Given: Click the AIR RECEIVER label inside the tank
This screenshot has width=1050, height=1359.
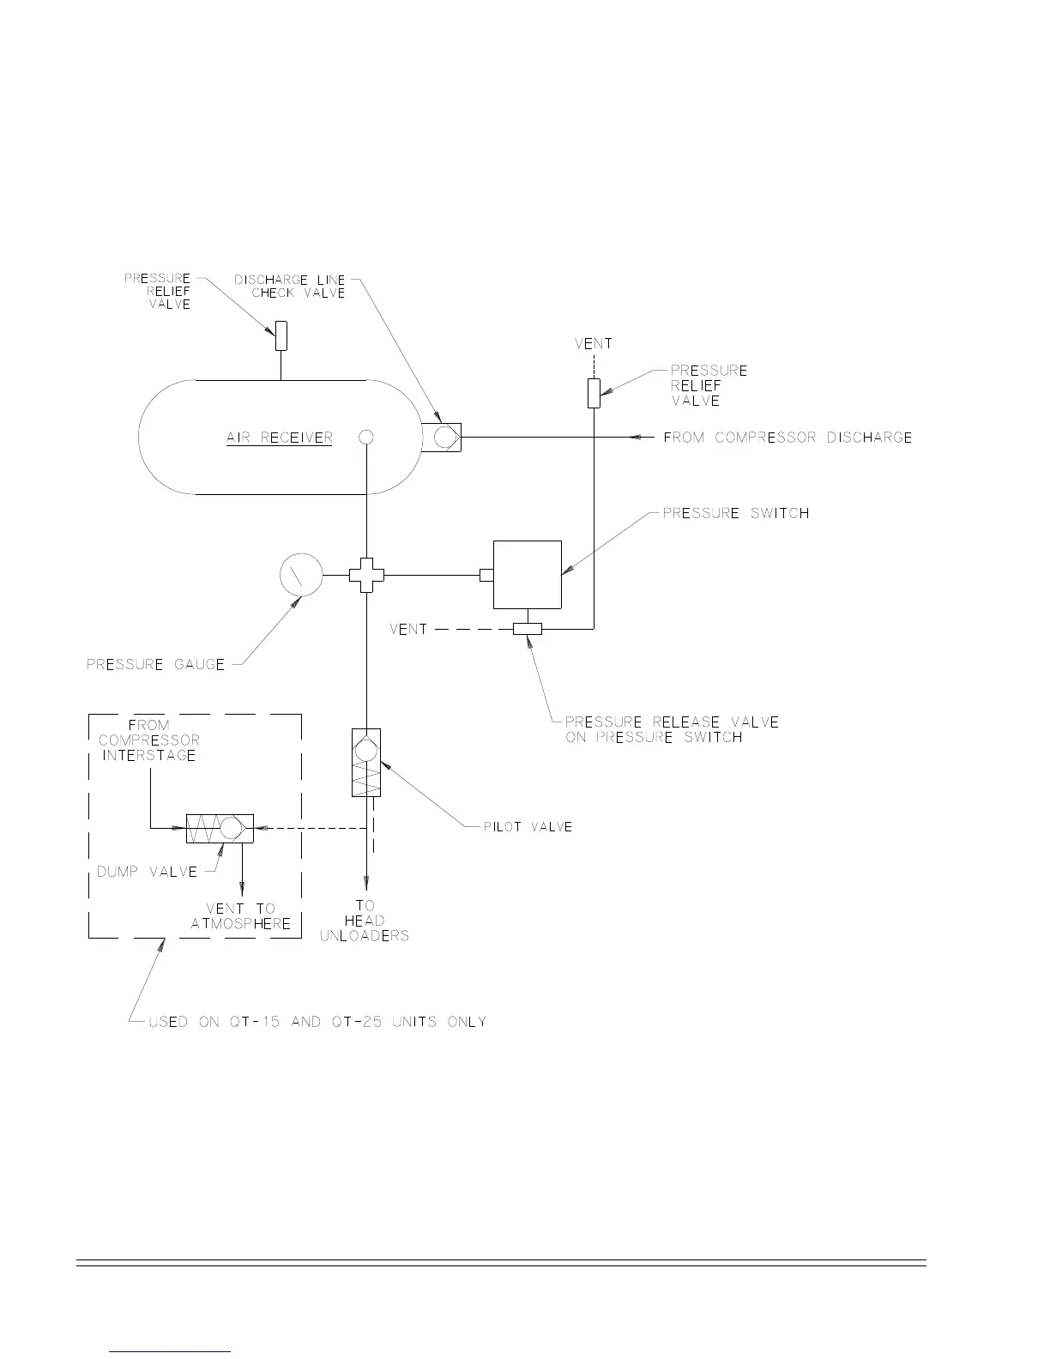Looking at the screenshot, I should [x=279, y=438].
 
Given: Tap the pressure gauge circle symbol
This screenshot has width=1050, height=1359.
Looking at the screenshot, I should [x=301, y=574].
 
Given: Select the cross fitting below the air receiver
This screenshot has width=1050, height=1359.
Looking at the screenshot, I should [x=367, y=574].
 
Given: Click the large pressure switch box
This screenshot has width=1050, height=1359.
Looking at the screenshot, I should [x=527, y=574].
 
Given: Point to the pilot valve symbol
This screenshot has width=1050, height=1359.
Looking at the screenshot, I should [x=366, y=762].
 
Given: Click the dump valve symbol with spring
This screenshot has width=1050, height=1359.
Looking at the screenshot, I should [x=219, y=828].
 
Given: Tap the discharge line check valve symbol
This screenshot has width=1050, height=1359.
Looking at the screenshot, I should [x=443, y=438].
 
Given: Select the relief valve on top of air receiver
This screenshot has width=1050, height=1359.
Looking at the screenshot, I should [x=281, y=336].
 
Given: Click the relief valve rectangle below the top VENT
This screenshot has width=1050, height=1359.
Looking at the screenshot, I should [x=593, y=393].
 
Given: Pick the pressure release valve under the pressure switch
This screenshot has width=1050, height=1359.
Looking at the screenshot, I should [x=528, y=629].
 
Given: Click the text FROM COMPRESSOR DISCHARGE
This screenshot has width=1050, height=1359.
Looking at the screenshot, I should [x=787, y=438].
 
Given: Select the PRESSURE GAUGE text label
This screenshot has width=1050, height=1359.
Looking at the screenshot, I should [x=155, y=664].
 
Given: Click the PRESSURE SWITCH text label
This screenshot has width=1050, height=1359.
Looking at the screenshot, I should [x=736, y=513].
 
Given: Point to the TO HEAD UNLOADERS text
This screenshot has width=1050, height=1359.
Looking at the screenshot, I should [x=365, y=921].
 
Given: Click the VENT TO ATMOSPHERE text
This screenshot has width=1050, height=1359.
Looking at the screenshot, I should [x=241, y=916].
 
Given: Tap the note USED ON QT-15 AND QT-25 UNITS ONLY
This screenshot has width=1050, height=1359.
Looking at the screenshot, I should [x=317, y=1022].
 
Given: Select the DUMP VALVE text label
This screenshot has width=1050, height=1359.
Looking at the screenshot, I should [x=147, y=872].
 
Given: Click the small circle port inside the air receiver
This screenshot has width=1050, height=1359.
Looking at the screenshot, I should [x=366, y=437].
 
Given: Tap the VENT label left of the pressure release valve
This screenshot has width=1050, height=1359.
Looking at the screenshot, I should [x=408, y=629].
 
